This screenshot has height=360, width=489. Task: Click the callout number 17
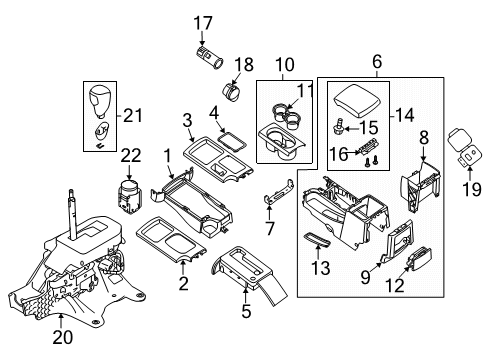point(203,22)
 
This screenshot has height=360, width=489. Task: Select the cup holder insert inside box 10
point(286,132)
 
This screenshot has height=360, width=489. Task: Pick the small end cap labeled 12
point(413,259)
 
